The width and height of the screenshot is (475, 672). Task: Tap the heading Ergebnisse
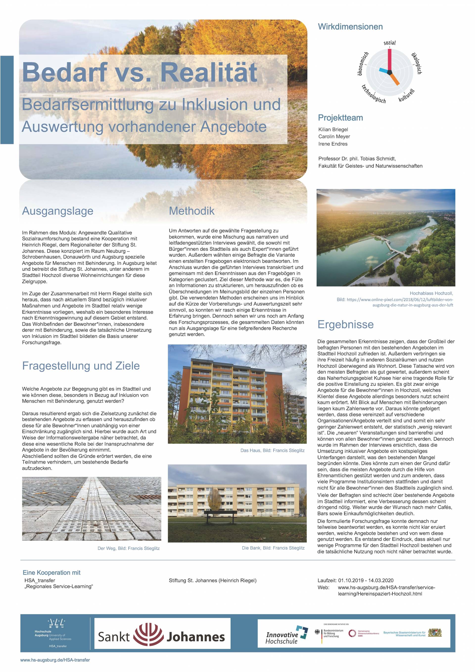346,324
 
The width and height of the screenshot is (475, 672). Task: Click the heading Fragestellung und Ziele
81,366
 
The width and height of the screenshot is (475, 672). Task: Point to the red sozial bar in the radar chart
389,60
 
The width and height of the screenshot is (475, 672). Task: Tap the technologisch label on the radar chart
373,94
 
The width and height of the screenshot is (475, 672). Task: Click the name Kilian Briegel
333,129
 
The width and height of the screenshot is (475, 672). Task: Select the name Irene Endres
333,144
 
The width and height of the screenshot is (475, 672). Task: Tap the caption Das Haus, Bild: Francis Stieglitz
272,450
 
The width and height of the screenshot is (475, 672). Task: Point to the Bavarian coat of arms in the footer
435,633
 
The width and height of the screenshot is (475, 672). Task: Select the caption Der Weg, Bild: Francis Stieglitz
129,548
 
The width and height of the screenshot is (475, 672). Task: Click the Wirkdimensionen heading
350,27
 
